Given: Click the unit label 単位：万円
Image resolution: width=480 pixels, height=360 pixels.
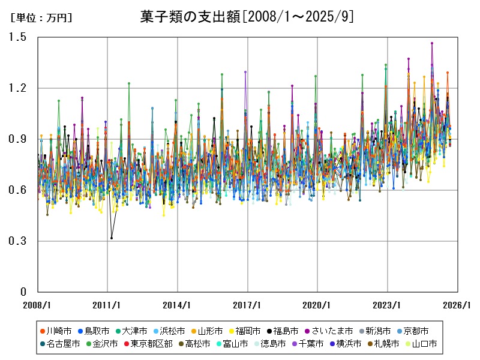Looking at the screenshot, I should (41, 18).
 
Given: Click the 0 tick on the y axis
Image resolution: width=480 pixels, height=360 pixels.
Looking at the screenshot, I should (23, 292).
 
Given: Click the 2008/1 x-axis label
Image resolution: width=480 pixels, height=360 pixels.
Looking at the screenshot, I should (38, 305).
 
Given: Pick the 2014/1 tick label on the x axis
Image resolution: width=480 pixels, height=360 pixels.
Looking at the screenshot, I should (178, 305).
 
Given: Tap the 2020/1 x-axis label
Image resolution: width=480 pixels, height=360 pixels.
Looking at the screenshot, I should (317, 305).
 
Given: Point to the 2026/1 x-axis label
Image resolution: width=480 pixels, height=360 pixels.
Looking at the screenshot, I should (457, 305).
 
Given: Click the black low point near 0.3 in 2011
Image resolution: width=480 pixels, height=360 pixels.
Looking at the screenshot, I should (112, 238).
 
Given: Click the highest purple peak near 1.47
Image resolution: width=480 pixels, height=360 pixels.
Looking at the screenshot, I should (432, 43).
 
